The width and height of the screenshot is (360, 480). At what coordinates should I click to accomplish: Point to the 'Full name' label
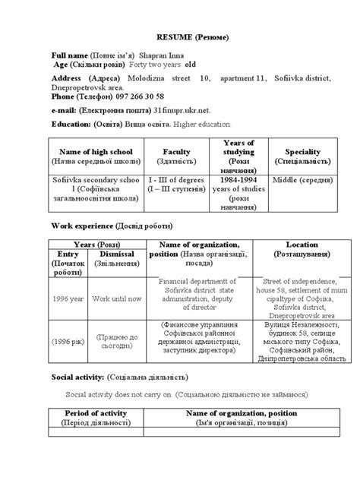pyautogui.click(x=69, y=56)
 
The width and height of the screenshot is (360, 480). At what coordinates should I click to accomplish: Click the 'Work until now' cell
pyautogui.click(x=122, y=298)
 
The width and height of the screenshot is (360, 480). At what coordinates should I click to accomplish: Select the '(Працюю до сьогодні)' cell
pyautogui.click(x=122, y=341)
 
